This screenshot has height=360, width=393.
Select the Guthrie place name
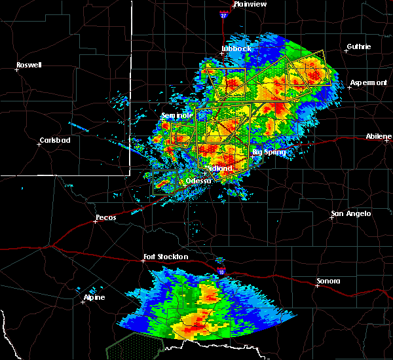[x=359, y=46]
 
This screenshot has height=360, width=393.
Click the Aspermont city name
[x=369, y=82]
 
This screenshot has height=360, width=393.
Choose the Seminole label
[x=177, y=116]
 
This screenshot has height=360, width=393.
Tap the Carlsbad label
[x=55, y=140]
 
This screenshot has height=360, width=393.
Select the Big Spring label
[x=269, y=153]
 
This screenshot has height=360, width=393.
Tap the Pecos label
[x=105, y=217]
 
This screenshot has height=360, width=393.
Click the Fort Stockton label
[x=166, y=257]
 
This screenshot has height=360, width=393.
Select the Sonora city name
[x=328, y=281]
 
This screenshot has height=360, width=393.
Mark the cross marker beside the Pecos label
[x=96, y=221]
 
